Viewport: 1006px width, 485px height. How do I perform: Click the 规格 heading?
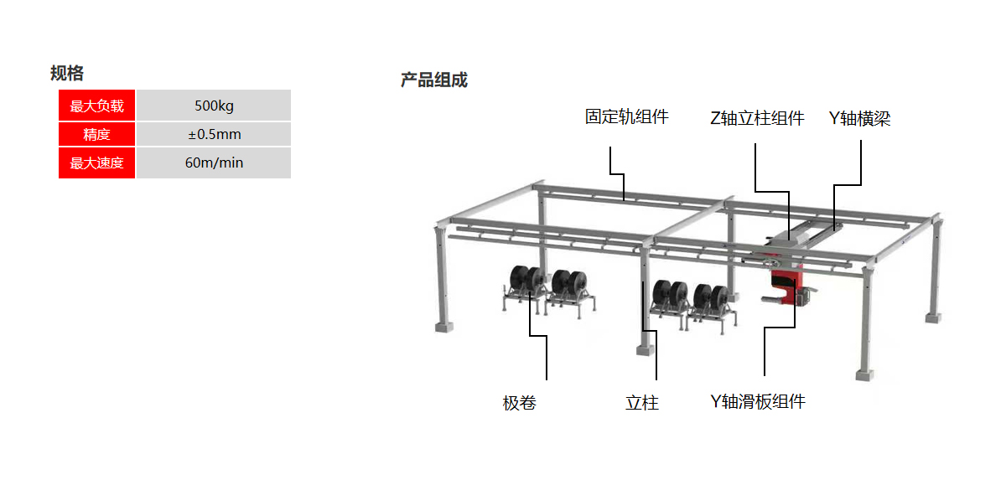(x=67, y=73)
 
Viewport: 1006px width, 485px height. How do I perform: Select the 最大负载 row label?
(x=96, y=106)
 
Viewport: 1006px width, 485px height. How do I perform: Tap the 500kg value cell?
(x=214, y=106)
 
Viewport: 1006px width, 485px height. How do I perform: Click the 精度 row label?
(x=96, y=134)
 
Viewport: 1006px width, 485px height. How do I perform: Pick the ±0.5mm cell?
(x=214, y=134)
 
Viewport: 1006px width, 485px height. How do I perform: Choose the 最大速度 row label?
(x=96, y=163)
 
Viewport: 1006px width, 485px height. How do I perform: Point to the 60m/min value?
(x=214, y=163)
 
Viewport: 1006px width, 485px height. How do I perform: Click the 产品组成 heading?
(x=433, y=80)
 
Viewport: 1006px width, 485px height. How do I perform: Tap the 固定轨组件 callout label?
(x=626, y=116)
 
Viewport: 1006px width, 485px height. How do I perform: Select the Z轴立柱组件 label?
(x=756, y=118)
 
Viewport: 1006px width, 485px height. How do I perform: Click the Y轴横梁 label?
(x=859, y=118)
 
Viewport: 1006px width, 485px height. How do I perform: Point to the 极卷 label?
(x=519, y=403)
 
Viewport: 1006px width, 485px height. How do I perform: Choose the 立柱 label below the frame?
(x=641, y=403)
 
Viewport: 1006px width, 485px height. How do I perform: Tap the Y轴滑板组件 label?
(x=757, y=402)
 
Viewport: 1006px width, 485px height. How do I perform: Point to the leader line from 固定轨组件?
(x=610, y=162)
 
